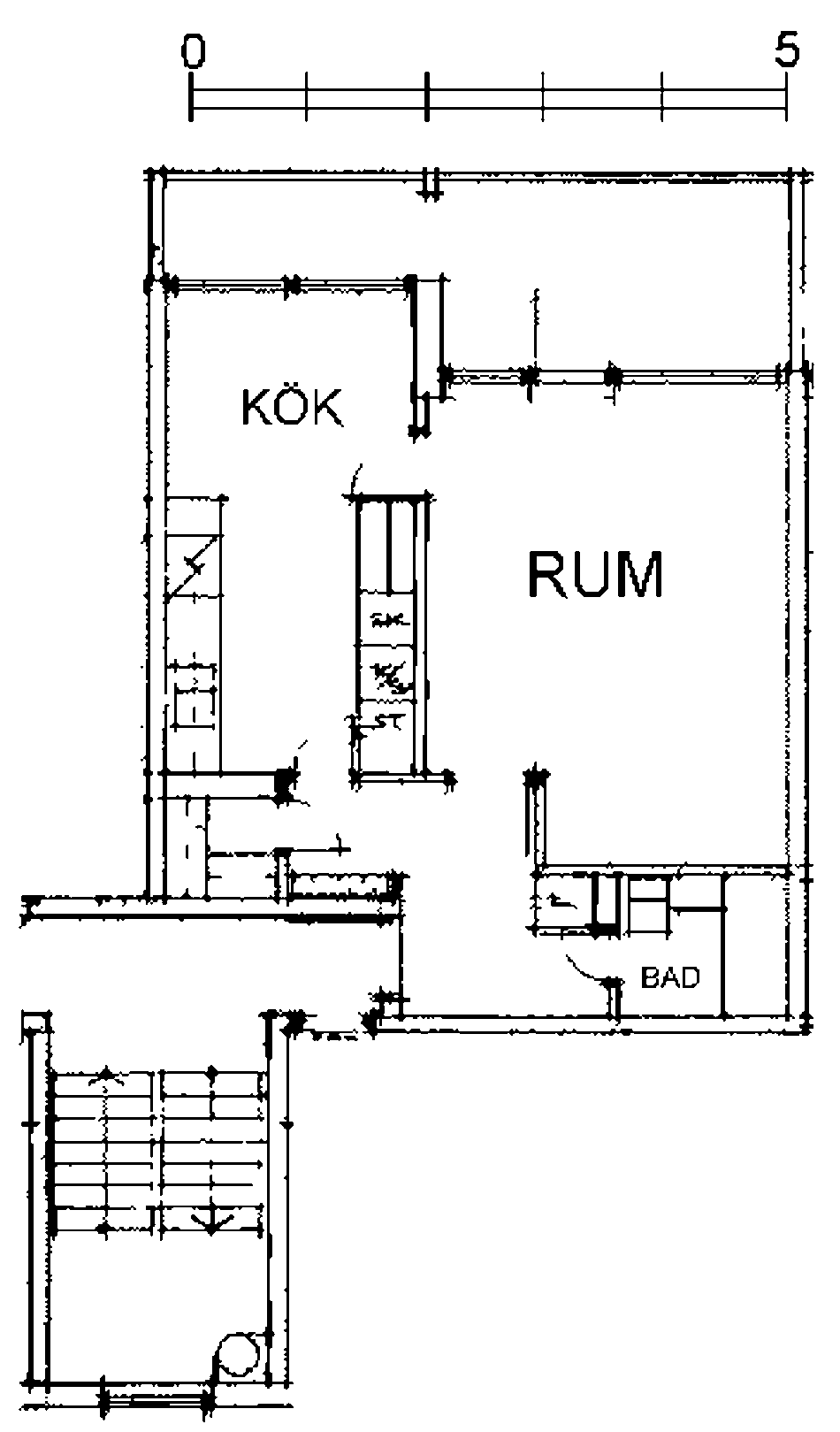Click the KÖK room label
pyautogui.click(x=292, y=408)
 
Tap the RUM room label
pyautogui.click(x=595, y=574)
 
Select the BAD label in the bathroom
pyautogui.click(x=670, y=977)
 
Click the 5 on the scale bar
pyautogui.click(x=786, y=50)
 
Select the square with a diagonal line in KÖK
pyautogui.click(x=194, y=566)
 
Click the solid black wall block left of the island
pyautogui.click(x=283, y=784)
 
